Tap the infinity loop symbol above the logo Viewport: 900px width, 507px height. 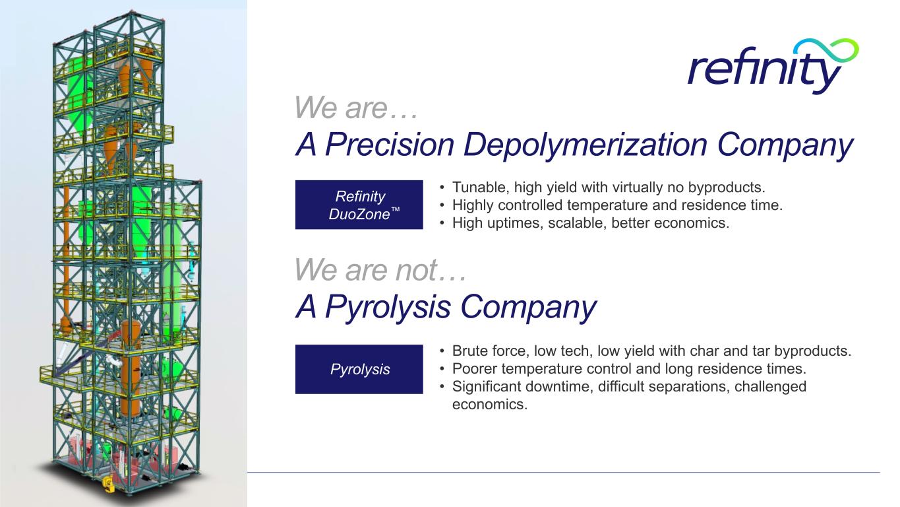point(826,51)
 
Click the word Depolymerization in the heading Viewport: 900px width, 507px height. point(585,145)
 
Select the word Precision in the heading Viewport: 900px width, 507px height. point(390,145)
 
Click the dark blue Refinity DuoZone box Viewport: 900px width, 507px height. point(359,205)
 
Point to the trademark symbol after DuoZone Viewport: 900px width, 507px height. point(396,210)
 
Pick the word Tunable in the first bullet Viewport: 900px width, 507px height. point(479,187)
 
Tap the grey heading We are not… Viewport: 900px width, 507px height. point(380,269)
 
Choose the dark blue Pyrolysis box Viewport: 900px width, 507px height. point(359,369)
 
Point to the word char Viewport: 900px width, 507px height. point(704,351)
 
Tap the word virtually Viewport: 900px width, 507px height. point(636,188)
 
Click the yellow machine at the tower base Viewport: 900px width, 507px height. point(108,485)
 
